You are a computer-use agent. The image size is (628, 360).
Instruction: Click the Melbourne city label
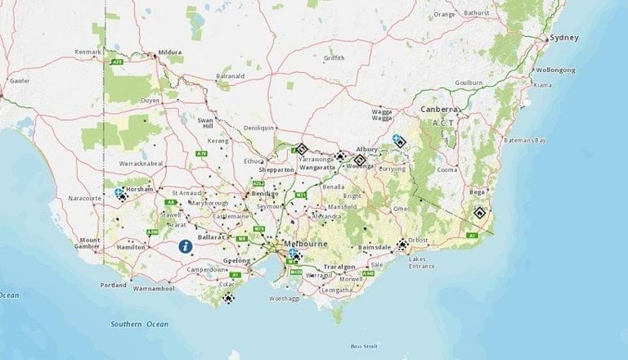306,245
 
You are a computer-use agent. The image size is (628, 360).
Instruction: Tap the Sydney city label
564,38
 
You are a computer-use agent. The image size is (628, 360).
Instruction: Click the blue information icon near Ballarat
186,245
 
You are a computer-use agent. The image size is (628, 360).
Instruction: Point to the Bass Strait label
364,347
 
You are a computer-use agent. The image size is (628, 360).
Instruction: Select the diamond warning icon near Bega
481,214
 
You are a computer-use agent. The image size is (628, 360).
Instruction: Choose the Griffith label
334,58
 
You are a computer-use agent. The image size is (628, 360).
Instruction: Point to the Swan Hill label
204,123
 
